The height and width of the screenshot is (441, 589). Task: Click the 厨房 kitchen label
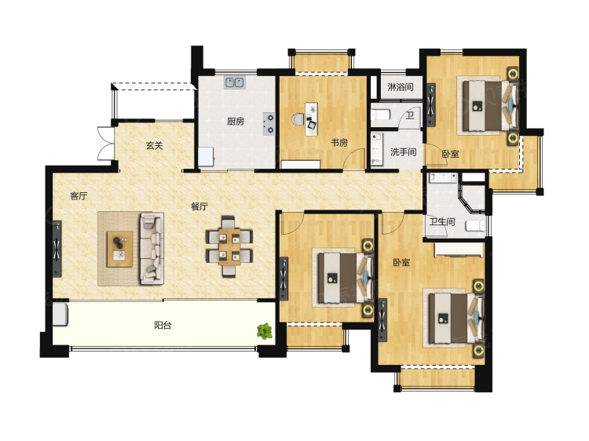pyautogui.click(x=236, y=121)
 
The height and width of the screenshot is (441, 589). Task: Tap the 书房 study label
pyautogui.click(x=338, y=142)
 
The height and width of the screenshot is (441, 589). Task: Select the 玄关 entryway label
pyautogui.click(x=155, y=145)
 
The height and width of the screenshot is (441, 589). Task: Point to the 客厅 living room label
pyautogui.click(x=79, y=196)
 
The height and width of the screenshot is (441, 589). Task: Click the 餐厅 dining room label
pyautogui.click(x=199, y=206)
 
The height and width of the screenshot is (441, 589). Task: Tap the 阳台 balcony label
pyautogui.click(x=163, y=325)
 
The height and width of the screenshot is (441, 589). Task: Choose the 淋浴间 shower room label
pyautogui.click(x=401, y=87)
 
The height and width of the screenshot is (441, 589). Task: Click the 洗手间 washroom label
pyautogui.click(x=404, y=152)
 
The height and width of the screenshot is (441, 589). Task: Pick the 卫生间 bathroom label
pyautogui.click(x=442, y=222)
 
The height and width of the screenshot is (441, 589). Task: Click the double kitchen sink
pyautogui.click(x=235, y=82)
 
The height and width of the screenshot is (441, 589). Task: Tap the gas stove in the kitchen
pyautogui.click(x=269, y=124)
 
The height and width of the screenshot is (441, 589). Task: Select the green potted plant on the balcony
pyautogui.click(x=265, y=331)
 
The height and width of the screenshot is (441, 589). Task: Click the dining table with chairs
pyautogui.click(x=229, y=246)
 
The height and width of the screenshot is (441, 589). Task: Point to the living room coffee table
pyautogui.click(x=120, y=250)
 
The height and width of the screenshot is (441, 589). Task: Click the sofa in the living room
pyautogui.click(x=152, y=249)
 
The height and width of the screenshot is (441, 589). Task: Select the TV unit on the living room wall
pyautogui.click(x=57, y=249)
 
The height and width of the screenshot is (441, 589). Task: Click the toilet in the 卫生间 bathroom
pyautogui.click(x=476, y=225)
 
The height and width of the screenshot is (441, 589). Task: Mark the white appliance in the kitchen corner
pyautogui.click(x=207, y=156)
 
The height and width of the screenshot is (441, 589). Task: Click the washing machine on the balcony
pyautogui.click(x=60, y=315)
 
